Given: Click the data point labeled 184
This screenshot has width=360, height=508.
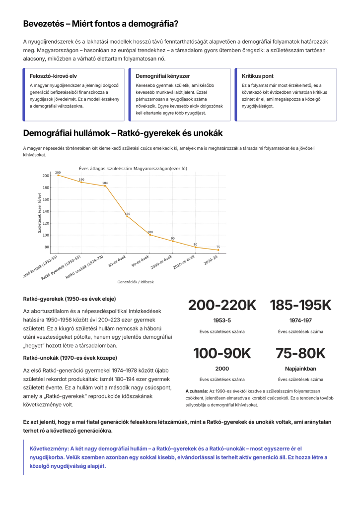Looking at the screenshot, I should click(105, 186).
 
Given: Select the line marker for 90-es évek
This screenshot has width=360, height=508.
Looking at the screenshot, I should click(149, 235).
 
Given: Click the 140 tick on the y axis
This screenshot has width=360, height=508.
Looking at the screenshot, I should click(46, 211).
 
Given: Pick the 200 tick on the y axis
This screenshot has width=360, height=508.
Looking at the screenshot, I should click(46, 176).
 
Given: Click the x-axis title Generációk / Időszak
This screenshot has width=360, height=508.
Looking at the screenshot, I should click(136, 281).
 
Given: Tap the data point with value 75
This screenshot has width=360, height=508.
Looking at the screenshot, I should click(218, 250).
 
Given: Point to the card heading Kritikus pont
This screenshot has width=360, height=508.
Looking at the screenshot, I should click(257, 76).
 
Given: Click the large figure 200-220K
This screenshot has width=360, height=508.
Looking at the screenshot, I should click(222, 306).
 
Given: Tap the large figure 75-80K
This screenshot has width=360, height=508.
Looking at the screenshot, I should click(300, 353).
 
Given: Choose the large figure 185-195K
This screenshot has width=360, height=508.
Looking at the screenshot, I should click(300, 306).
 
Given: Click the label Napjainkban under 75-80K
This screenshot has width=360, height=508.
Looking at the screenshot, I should click(300, 369).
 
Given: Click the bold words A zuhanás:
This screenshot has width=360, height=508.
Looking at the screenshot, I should click(197, 391).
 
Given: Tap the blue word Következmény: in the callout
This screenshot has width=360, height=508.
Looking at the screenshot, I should click(50, 447).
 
